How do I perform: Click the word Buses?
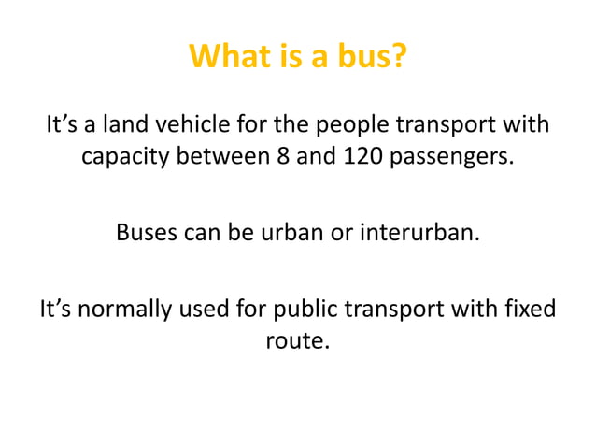(x=147, y=231)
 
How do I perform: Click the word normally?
(x=116, y=308)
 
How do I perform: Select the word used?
(x=197, y=308)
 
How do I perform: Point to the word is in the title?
(x=286, y=58)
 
